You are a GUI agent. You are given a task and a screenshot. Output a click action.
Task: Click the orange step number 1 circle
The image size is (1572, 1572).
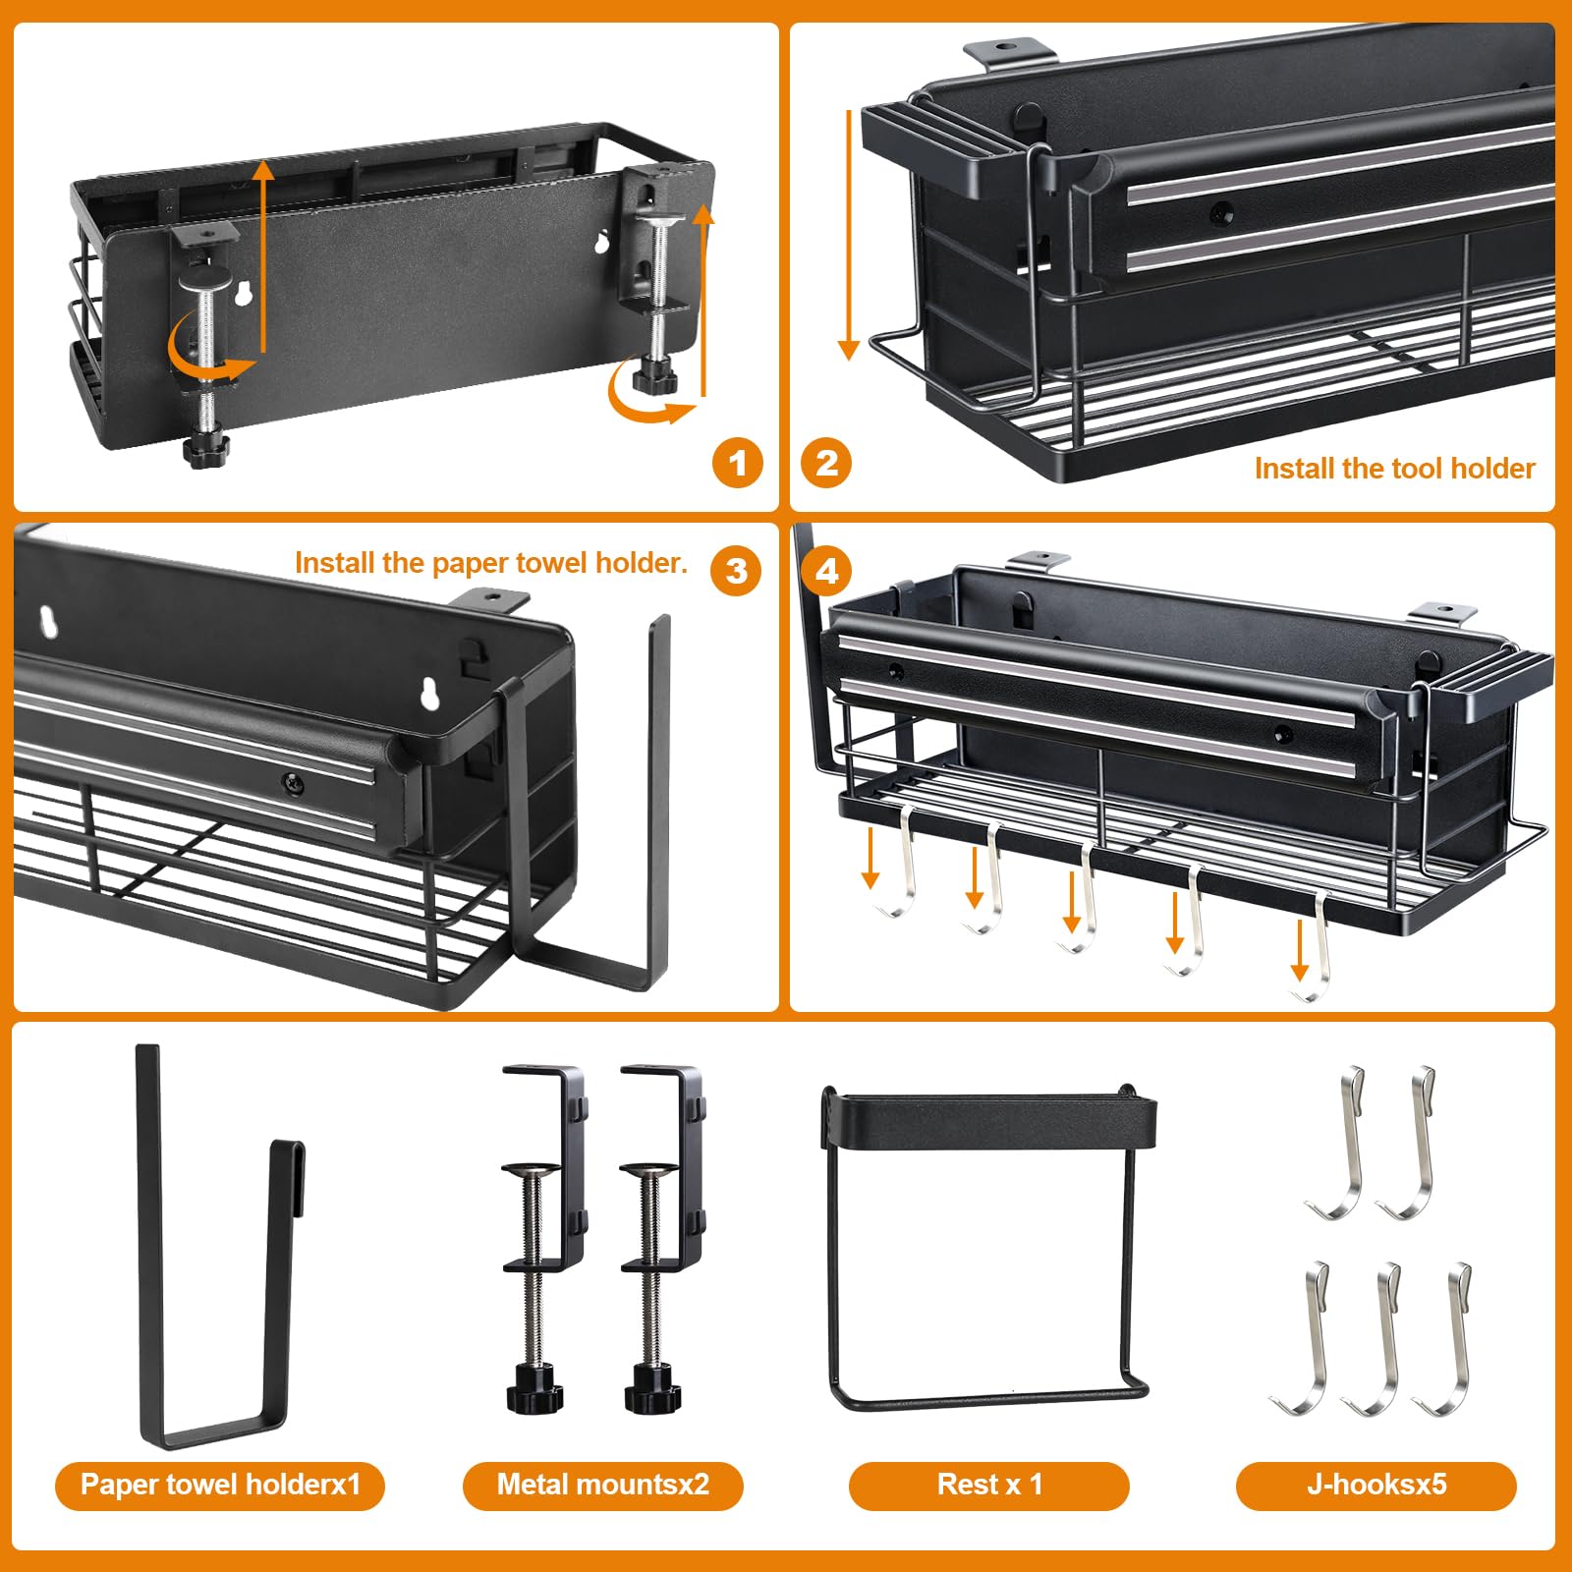coord(738,463)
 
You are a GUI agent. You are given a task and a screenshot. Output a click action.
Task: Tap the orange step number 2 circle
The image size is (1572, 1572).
coord(826,463)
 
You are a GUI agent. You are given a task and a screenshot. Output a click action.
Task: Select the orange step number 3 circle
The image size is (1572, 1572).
coord(736,571)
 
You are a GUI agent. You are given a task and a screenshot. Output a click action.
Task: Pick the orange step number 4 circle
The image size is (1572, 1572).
coord(827,571)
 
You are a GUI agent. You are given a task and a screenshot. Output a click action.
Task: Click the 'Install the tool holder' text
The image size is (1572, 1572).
coord(1394,469)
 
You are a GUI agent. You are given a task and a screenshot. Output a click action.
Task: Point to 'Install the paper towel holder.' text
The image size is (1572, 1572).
coord(491,563)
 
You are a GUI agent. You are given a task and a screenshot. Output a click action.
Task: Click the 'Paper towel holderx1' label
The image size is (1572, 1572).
coord(220,1484)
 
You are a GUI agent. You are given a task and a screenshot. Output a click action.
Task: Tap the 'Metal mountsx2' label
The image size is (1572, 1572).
coord(602,1484)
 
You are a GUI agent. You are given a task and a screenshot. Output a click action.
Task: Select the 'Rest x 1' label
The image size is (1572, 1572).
coord(988,1484)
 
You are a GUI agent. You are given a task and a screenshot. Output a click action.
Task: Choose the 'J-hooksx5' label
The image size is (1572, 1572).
coord(1375,1484)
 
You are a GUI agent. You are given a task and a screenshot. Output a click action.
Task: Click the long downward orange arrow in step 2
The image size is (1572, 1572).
coord(849,236)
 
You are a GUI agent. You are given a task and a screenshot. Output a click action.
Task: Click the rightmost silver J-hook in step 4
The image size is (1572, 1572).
coord(1319,948)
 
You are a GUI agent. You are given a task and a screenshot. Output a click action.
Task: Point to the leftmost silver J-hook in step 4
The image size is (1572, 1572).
coord(902,865)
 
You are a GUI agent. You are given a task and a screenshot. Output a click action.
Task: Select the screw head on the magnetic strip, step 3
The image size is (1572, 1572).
coord(292,783)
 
